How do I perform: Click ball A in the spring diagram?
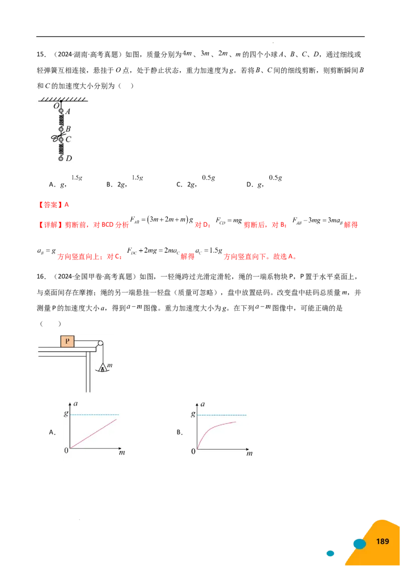61,111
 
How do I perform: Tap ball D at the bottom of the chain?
61,159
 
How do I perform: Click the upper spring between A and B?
61,120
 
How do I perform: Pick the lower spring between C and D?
61,149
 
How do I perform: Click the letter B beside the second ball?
68,129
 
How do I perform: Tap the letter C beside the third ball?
69,139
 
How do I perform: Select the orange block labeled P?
67,342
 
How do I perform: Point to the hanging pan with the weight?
102,370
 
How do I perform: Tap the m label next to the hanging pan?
110,366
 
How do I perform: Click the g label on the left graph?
66,414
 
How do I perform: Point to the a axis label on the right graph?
202,403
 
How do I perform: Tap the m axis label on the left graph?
122,453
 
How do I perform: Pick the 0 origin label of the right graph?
193,452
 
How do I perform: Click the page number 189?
382,541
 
